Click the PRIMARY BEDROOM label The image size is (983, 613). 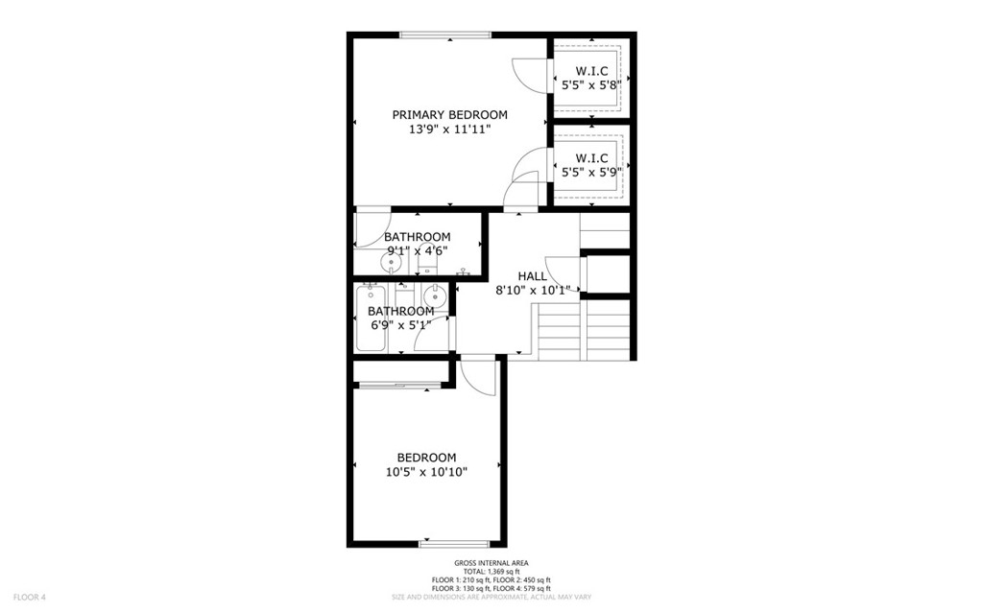(449, 115)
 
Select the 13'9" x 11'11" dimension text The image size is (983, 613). (449, 130)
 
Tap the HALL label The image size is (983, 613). (532, 275)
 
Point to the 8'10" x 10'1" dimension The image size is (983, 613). (533, 291)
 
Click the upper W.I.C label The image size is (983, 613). (591, 71)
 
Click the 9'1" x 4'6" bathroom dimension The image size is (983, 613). (417, 251)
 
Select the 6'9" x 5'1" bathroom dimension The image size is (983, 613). (400, 325)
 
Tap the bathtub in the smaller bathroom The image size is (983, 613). (371, 318)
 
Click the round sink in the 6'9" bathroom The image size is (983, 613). (434, 295)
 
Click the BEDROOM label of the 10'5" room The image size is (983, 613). (426, 458)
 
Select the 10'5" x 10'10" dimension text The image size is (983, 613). (426, 472)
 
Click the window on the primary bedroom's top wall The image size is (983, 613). (445, 35)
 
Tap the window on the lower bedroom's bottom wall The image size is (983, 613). (454, 544)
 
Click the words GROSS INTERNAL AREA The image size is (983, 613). (491, 563)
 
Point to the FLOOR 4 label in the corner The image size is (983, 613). (30, 598)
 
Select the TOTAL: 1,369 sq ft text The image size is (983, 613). (491, 572)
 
